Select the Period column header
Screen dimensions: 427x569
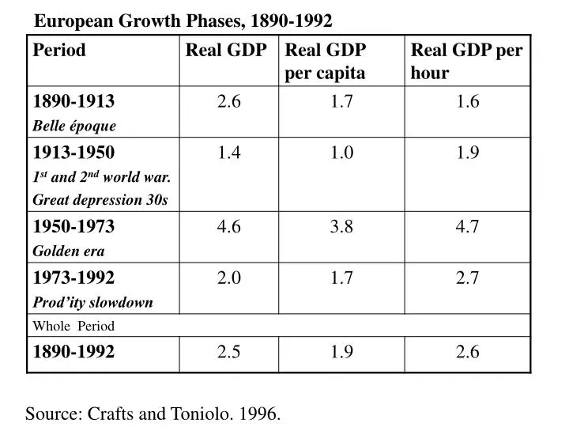click(59, 51)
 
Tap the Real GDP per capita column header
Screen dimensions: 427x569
click(325, 62)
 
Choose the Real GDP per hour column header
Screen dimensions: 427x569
click(466, 62)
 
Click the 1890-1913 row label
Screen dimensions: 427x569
click(73, 102)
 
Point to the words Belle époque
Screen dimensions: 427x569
click(74, 126)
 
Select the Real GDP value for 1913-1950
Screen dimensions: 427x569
click(229, 153)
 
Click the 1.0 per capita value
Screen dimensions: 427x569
click(341, 153)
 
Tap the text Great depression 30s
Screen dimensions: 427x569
click(100, 200)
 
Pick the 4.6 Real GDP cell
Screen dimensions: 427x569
click(229, 227)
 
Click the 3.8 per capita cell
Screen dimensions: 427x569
click(341, 227)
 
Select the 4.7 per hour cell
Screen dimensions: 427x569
click(467, 227)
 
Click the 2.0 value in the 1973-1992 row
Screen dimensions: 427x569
click(229, 278)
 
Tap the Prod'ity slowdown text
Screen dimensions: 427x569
click(92, 302)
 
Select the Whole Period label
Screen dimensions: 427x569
click(73, 326)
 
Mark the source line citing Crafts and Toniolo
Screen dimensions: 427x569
click(153, 413)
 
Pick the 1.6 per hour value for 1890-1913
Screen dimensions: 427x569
click(467, 102)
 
